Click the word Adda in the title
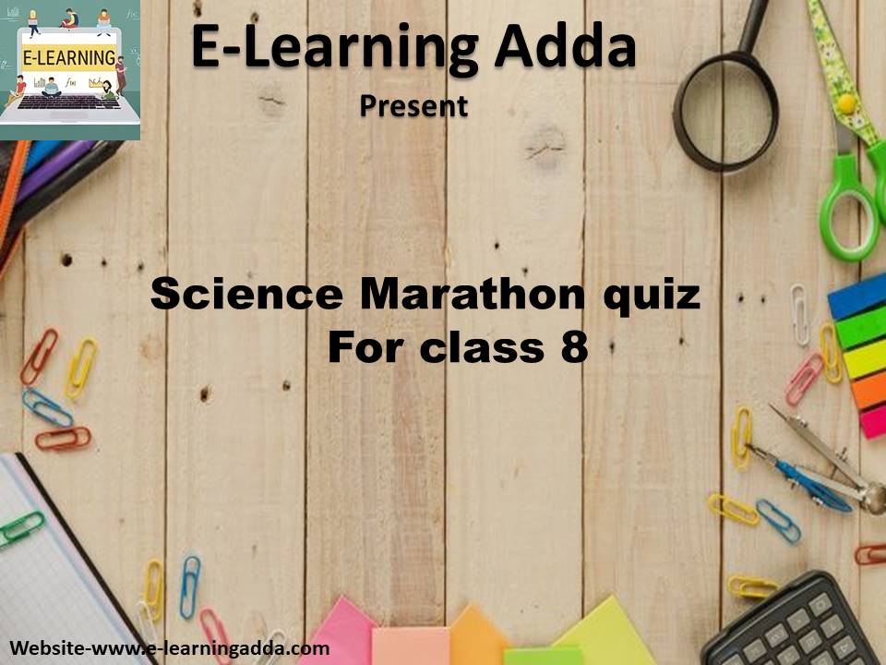(566, 47)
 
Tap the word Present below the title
(414, 105)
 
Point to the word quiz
(653, 296)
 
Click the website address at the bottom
(170, 648)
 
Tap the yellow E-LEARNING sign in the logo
(69, 57)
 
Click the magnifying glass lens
(725, 112)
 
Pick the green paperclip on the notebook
(21, 529)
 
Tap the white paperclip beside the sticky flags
(799, 314)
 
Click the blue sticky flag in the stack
(857, 296)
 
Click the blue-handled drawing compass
(808, 478)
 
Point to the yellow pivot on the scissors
(846, 104)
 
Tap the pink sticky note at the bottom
(338, 632)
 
